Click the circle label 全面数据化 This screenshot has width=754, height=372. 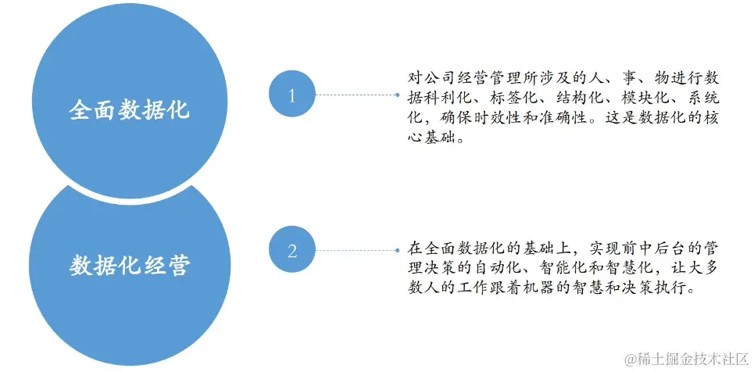130,109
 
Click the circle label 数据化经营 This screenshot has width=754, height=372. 130,265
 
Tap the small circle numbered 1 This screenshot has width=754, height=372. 292,96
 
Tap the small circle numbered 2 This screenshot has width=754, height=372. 292,251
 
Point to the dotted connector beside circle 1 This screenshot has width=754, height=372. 356,95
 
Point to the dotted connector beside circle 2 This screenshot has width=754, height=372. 356,250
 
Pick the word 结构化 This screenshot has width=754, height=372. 581,99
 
